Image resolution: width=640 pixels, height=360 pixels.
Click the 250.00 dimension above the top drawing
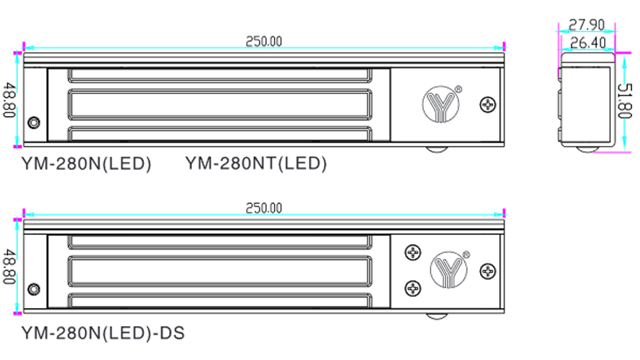[x=263, y=41]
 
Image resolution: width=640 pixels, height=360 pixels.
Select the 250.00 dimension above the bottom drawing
[x=263, y=208]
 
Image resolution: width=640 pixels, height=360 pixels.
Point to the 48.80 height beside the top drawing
[x=9, y=99]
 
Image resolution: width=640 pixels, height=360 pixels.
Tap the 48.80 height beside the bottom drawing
[x=9, y=267]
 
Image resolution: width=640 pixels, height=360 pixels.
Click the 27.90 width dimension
[x=587, y=25]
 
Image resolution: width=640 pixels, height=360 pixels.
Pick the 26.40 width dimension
[x=587, y=43]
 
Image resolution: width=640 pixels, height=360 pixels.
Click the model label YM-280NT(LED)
[x=256, y=163]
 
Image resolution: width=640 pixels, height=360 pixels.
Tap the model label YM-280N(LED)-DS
[x=103, y=331]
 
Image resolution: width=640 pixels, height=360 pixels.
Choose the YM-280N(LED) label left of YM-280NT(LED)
[x=87, y=163]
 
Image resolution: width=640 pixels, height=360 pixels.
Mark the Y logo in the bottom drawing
[x=449, y=269]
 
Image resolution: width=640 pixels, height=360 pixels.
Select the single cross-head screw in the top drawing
[x=489, y=104]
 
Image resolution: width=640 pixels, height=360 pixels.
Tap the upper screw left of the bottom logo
[x=413, y=253]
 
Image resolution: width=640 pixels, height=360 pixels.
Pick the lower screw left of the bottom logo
[x=413, y=288]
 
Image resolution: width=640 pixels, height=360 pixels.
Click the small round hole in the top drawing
[x=33, y=123]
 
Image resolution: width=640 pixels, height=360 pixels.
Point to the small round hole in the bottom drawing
[x=33, y=290]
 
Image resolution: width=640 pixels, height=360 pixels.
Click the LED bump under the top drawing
[x=439, y=149]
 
